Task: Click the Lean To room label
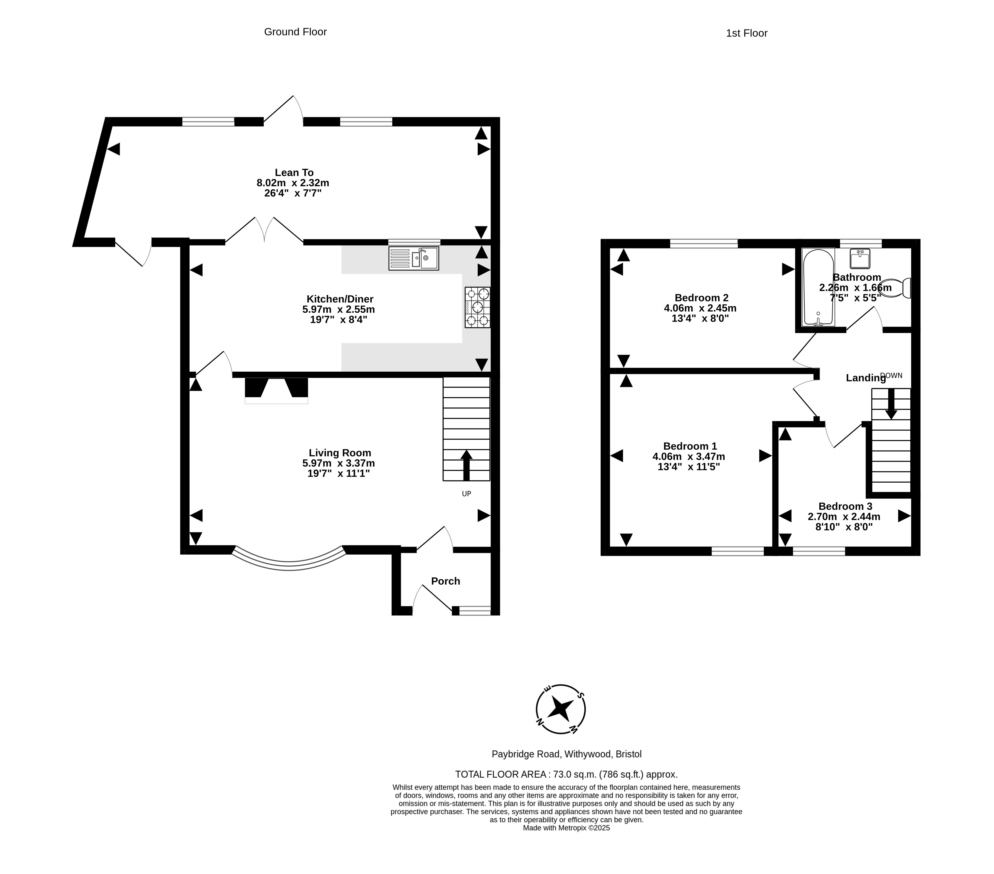[294, 172]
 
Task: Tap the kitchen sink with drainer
[414, 258]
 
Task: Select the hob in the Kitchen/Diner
[478, 307]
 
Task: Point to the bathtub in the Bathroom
[818, 287]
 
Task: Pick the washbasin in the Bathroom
[860, 258]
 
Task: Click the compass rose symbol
[561, 709]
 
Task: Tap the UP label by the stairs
[466, 494]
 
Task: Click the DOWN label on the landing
[891, 375]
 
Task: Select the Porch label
[445, 581]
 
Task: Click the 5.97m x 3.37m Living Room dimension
[338, 463]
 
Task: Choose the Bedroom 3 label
[845, 506]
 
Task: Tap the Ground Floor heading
[295, 32]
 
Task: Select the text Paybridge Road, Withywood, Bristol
[566, 754]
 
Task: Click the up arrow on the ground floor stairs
[466, 465]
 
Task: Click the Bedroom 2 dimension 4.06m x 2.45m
[700, 308]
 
